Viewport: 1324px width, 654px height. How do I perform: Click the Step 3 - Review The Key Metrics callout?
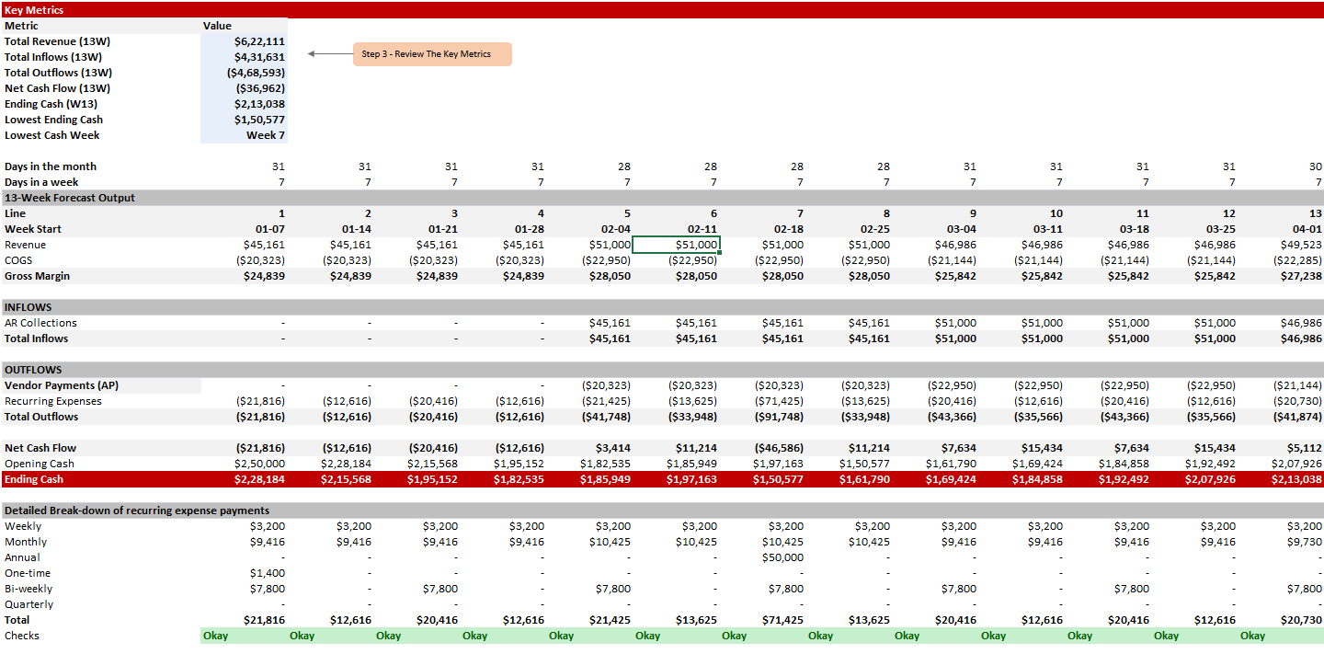click(432, 53)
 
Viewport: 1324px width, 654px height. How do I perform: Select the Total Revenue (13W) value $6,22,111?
click(259, 41)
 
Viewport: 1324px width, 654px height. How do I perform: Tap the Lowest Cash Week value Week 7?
click(266, 135)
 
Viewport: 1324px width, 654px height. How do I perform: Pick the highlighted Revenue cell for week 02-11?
click(676, 245)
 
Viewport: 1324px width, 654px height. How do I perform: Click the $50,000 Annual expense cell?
click(782, 557)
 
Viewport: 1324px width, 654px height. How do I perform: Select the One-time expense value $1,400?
click(268, 573)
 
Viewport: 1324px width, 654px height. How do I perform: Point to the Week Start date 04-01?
click(1307, 229)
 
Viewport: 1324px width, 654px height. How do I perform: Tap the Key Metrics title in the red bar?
click(34, 10)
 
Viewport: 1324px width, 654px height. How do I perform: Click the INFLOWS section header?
click(28, 307)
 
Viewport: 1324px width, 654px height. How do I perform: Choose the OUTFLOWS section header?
click(33, 370)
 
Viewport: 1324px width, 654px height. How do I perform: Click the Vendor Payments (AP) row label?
click(62, 385)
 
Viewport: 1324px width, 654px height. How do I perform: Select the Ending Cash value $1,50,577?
click(778, 479)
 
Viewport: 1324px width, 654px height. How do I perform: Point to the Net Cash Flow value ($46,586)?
click(779, 448)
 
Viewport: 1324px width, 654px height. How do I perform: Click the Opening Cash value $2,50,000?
click(259, 464)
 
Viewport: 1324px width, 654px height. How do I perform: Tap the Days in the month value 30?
click(1315, 166)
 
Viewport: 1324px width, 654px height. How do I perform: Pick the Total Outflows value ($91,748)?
click(779, 417)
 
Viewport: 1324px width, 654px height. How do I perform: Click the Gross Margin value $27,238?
click(1301, 276)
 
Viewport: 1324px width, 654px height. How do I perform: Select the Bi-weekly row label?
click(29, 589)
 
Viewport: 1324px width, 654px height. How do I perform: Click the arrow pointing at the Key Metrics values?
click(330, 53)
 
